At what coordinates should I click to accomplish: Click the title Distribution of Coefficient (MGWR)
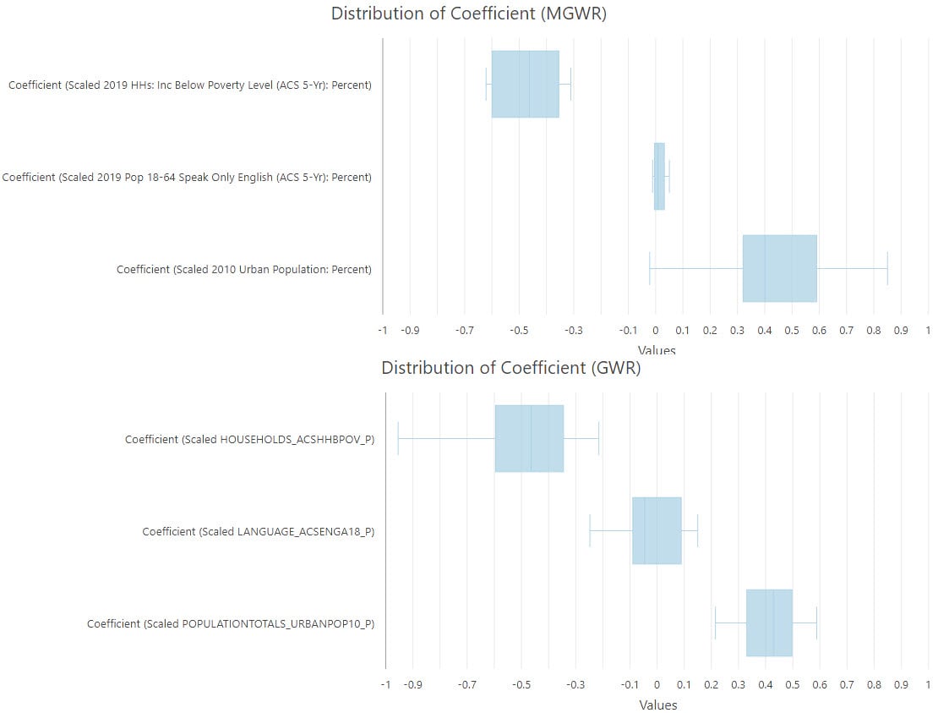pos(468,14)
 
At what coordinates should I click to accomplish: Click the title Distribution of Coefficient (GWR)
pos(510,368)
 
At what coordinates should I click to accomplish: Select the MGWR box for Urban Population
pos(779,268)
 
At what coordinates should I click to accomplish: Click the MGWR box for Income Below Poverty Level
pos(525,84)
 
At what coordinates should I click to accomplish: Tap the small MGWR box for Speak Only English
pos(659,176)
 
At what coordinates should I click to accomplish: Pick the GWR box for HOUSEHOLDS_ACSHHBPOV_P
pos(529,438)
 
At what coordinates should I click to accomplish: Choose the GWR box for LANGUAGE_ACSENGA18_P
pos(657,530)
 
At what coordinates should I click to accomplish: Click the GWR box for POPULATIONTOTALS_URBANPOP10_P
pos(769,623)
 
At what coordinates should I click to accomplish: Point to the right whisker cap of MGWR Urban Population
pos(887,268)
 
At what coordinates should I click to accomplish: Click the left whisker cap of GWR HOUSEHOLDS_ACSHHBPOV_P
pos(398,438)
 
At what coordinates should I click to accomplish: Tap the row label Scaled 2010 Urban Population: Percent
pos(243,270)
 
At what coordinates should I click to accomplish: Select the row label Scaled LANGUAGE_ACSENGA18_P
pos(258,531)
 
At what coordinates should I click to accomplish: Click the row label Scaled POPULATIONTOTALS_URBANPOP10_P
pos(230,623)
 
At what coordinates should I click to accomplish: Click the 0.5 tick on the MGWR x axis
pos(791,331)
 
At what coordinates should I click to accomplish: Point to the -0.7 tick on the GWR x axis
pos(466,685)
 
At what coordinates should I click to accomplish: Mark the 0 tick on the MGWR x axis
pos(655,331)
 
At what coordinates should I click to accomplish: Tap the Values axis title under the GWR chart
pos(657,705)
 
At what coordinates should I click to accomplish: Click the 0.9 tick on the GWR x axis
pos(901,685)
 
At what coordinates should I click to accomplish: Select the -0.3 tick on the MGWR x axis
pos(573,331)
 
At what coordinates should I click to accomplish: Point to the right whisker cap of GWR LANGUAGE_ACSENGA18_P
pos(697,530)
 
